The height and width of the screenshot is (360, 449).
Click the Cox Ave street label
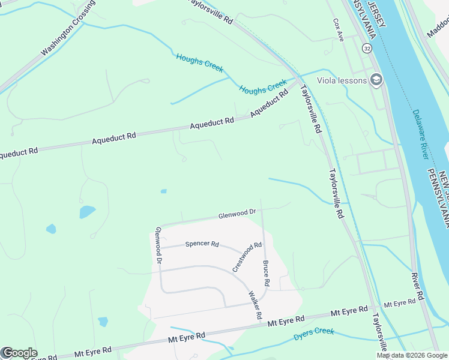(338, 29)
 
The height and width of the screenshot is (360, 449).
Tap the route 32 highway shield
(366, 47)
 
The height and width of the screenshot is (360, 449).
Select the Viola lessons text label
(342, 80)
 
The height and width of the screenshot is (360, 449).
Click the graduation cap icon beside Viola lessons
(376, 80)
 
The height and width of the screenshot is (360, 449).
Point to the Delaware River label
(420, 134)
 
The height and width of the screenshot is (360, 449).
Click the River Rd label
(418, 286)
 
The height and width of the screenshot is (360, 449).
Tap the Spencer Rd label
(202, 244)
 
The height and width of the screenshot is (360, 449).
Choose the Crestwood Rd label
(247, 256)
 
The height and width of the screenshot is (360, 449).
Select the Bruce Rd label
(266, 273)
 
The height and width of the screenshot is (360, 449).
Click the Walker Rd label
(256, 305)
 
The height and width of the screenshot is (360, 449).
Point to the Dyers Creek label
(313, 334)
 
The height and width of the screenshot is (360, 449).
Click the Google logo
(19, 353)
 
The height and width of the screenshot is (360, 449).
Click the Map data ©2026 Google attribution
(412, 355)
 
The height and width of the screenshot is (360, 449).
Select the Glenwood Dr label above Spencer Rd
(237, 213)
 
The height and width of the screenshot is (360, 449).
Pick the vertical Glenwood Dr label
(158, 245)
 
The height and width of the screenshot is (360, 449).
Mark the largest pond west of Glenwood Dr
(87, 212)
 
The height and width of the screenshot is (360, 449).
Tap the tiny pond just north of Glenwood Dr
(163, 191)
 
